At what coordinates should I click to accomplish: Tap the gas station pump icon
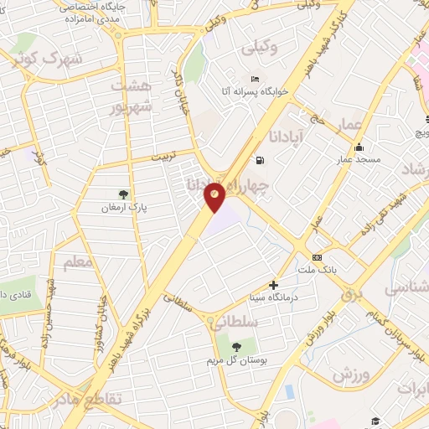point(259,159)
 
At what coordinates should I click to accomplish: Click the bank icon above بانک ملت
point(317,256)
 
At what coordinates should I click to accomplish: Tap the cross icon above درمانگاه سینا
point(273,285)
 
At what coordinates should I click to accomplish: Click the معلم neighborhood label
point(76,263)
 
